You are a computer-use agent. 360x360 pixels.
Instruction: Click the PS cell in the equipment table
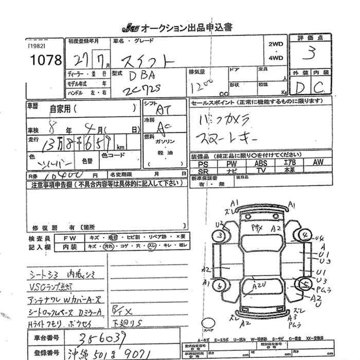point(203,163)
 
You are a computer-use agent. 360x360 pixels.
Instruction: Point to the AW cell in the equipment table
point(318,163)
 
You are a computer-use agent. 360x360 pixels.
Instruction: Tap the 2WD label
point(276,44)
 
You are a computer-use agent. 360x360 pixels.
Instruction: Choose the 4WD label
point(276,58)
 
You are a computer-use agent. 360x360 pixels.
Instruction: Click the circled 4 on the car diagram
point(305,236)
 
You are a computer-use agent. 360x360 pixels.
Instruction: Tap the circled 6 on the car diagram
point(220,284)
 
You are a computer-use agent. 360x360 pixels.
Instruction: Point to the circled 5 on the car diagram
point(305,283)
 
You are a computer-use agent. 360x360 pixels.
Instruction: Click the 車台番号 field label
point(46,338)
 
